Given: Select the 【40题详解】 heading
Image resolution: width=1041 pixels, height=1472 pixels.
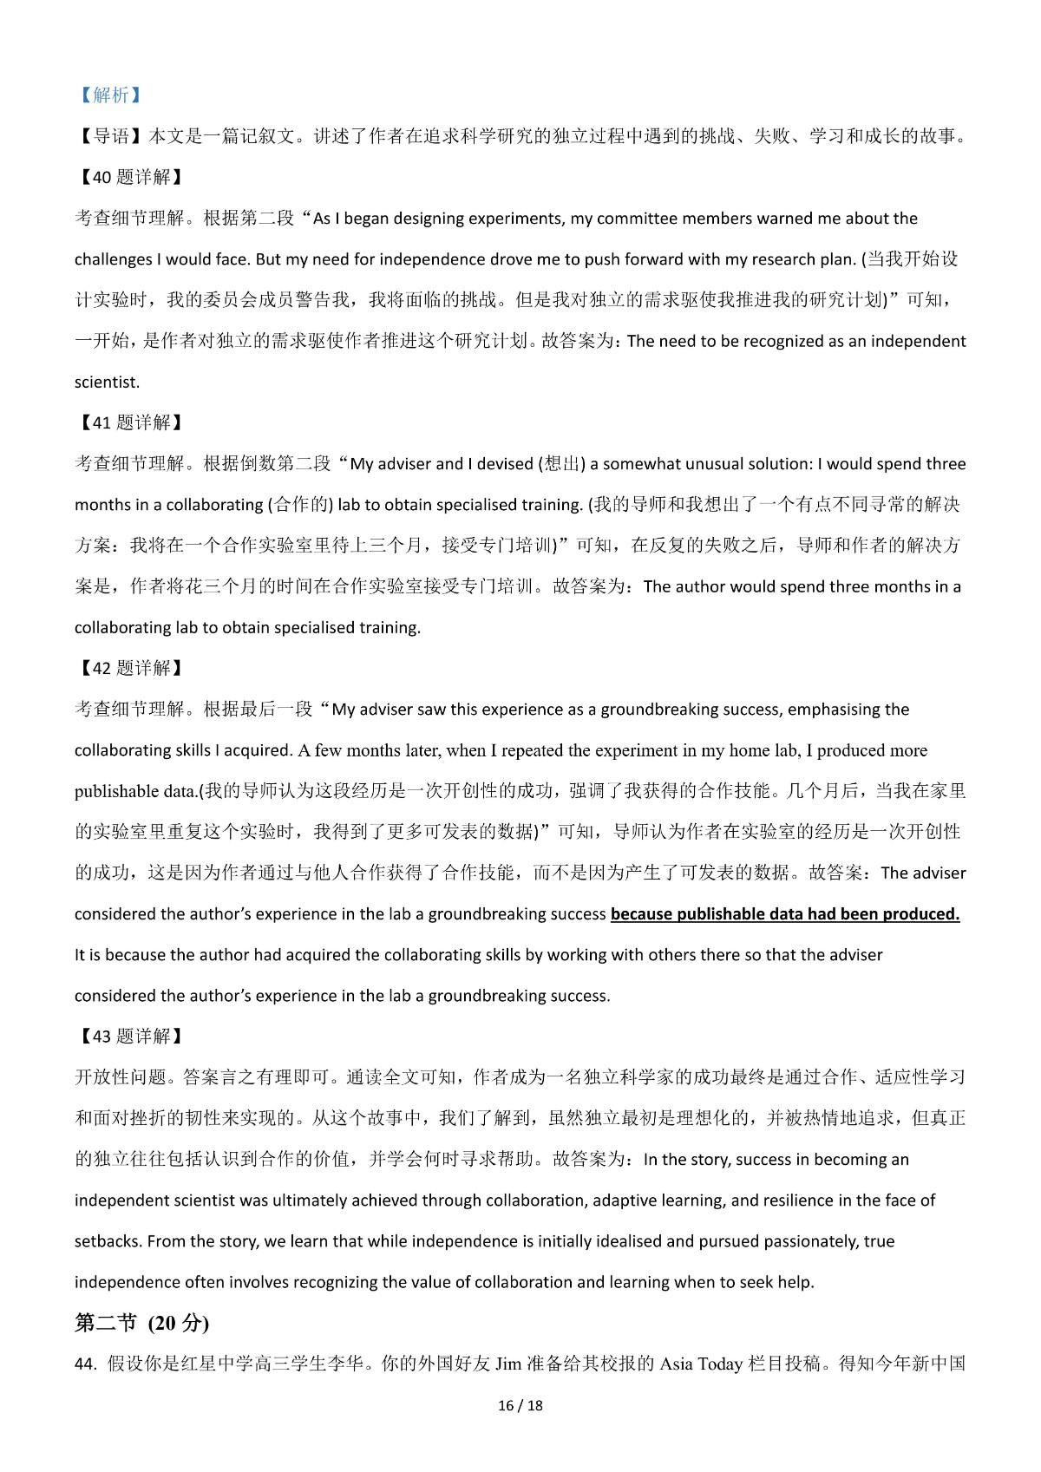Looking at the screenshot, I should (x=129, y=177).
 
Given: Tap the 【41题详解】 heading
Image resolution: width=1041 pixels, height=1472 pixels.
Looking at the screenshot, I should (x=129, y=422).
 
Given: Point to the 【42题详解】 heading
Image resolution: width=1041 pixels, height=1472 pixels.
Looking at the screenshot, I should (x=129, y=668).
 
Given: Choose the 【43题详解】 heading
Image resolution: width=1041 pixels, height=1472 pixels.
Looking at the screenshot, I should (x=129, y=1036).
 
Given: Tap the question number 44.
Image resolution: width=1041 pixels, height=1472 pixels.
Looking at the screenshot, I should (x=85, y=1364).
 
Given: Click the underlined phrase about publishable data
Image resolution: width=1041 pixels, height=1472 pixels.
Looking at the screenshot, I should (x=785, y=913).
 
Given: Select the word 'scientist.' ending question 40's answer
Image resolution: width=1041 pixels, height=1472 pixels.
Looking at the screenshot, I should (x=107, y=382).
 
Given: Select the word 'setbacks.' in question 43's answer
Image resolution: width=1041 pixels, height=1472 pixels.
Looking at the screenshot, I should (x=108, y=1241).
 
